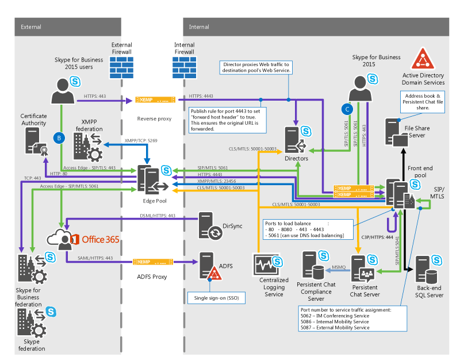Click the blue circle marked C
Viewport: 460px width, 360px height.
[346, 107]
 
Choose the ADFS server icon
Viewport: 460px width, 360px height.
[209, 266]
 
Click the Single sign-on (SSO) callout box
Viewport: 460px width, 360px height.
[216, 297]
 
